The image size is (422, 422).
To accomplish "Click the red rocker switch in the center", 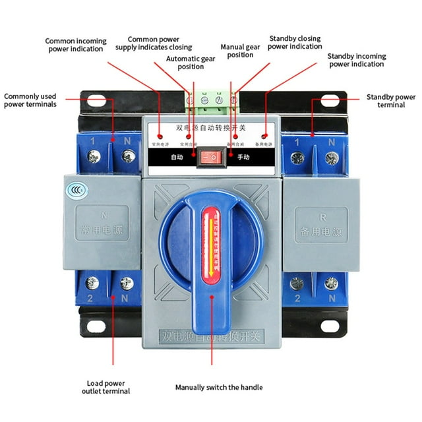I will coord(211,157).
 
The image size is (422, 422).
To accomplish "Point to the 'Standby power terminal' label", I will coord(391,101).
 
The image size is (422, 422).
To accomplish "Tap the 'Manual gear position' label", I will coord(240,51).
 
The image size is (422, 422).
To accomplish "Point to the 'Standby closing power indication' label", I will coord(294,43).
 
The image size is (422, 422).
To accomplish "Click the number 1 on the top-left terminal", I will coord(92,141).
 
